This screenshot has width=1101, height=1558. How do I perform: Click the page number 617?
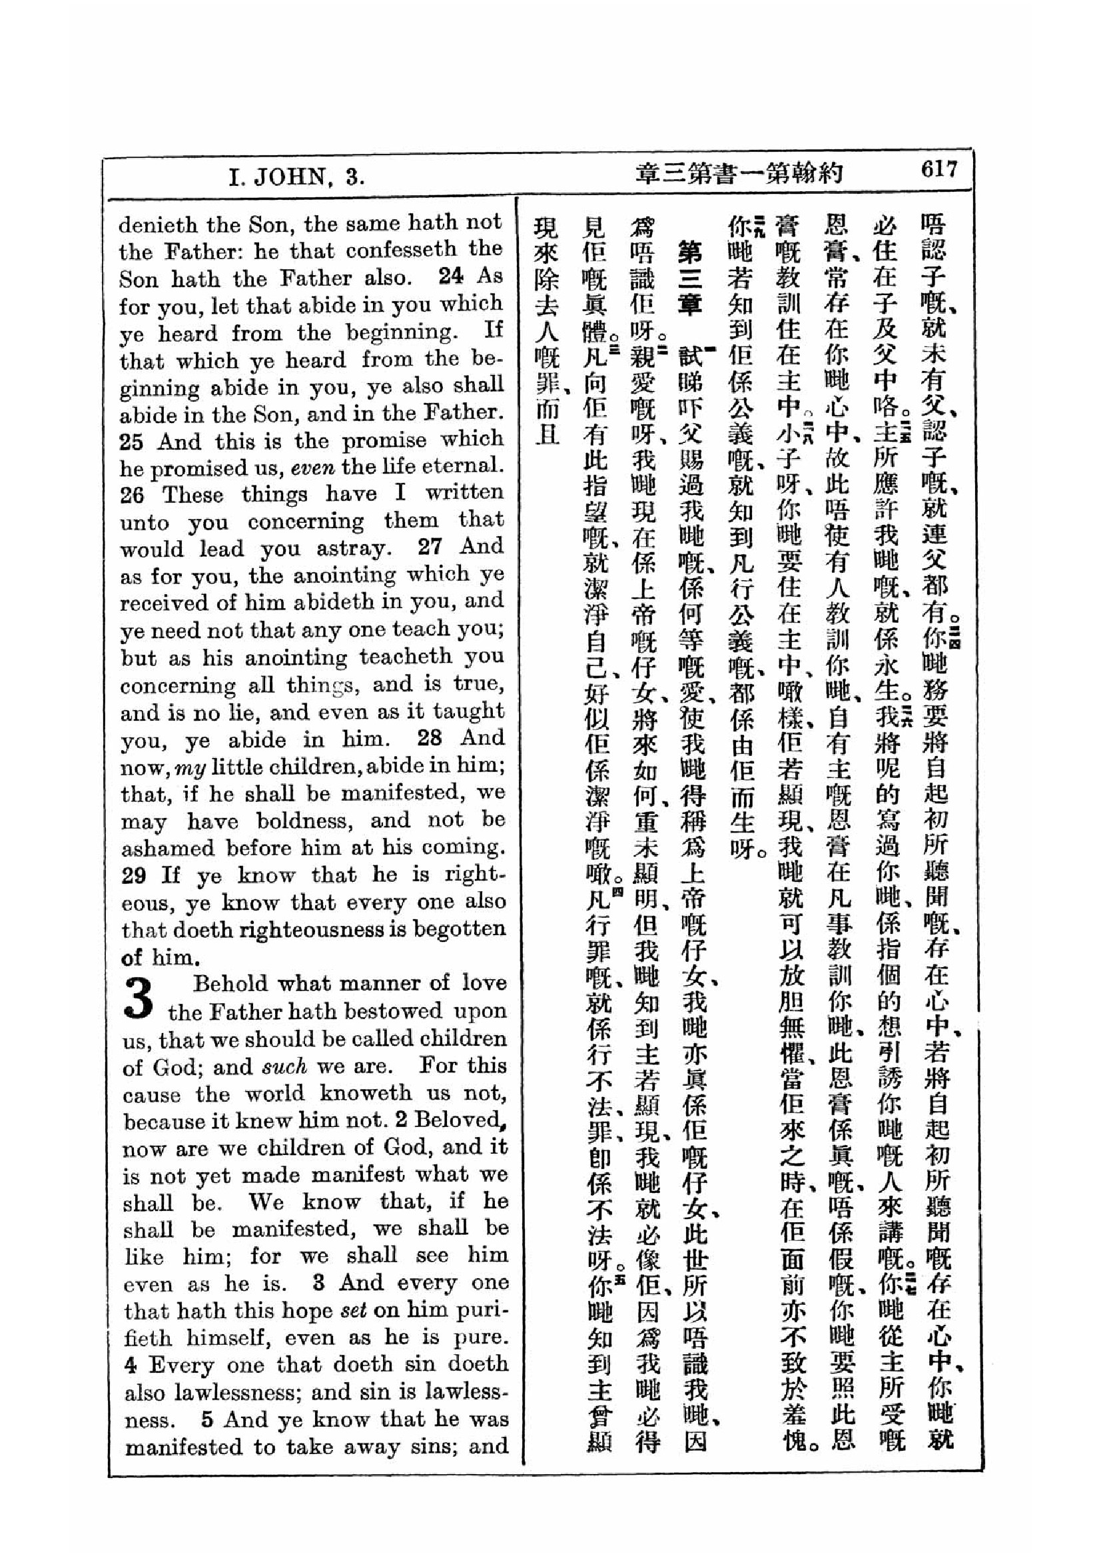(938, 170)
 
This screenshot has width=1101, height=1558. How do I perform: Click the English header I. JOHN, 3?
(296, 178)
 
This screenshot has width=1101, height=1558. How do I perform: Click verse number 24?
(452, 276)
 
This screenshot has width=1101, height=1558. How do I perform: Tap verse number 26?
(133, 496)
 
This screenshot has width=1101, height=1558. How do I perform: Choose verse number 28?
(430, 738)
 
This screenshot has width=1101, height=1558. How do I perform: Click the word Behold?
(229, 984)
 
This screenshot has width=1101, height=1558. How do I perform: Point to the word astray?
(354, 549)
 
